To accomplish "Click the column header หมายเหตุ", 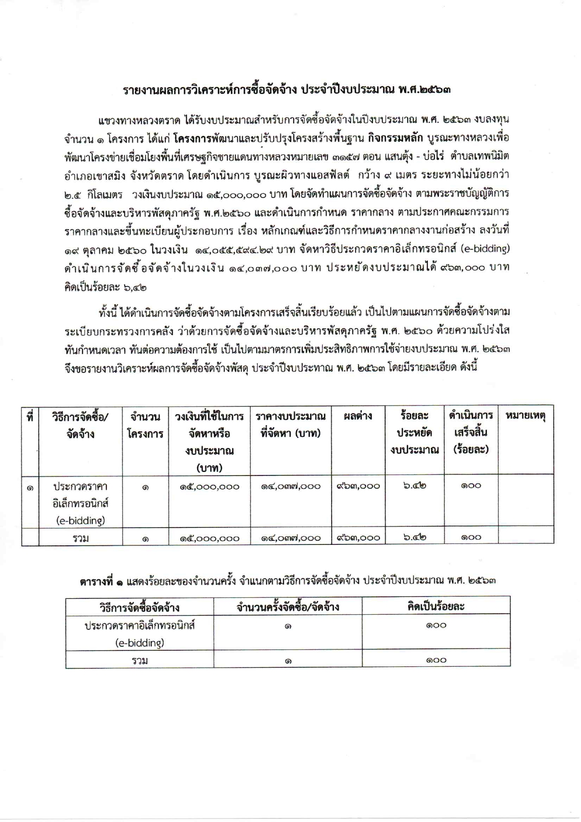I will pyautogui.click(x=525, y=415).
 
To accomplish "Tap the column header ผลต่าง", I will pyautogui.click(x=358, y=415).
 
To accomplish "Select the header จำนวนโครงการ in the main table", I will pyautogui.click(x=145, y=425).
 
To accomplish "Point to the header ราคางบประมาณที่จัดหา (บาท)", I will pyautogui.click(x=290, y=424).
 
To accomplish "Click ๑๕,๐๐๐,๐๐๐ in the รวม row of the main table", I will pyautogui.click(x=209, y=538).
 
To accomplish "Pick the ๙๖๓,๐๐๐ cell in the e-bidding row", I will pyautogui.click(x=358, y=486).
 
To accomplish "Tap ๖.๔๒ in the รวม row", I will pyautogui.click(x=414, y=537).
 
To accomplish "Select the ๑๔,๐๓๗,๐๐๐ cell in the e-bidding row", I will pyautogui.click(x=290, y=486).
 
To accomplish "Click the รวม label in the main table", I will pyautogui.click(x=81, y=538).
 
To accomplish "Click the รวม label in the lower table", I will pyautogui.click(x=140, y=660).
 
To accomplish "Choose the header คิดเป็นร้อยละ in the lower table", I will pyautogui.click(x=436, y=606).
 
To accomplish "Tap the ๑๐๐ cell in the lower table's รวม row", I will pyautogui.click(x=436, y=660).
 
